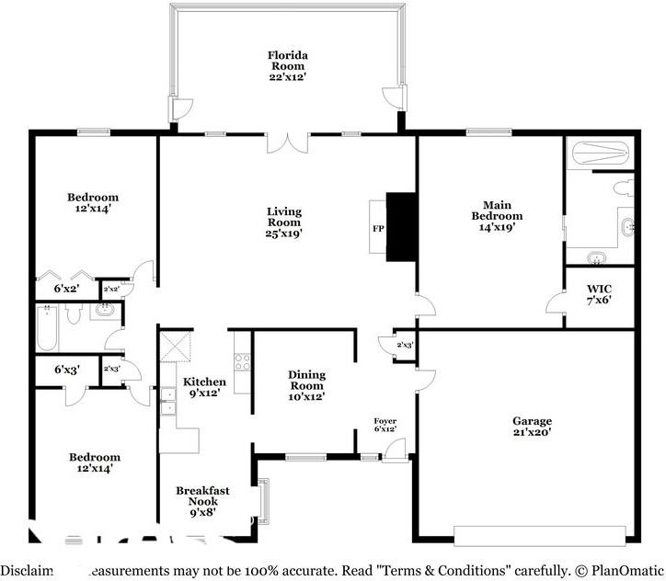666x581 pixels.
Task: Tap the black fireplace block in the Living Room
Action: tap(400, 226)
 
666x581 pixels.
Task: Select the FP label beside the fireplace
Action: tap(377, 227)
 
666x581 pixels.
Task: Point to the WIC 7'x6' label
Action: tap(599, 293)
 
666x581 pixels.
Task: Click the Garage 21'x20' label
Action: tap(532, 427)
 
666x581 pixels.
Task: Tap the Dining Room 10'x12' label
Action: tap(306, 385)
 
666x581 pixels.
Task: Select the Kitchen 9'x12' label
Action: tap(203, 388)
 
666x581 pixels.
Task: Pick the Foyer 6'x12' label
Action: tap(385, 425)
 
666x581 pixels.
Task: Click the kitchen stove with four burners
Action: tap(243, 362)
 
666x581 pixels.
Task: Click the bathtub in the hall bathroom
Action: tap(48, 327)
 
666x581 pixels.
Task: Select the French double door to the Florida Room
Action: tap(287, 143)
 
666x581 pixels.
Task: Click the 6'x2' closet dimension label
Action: tap(66, 289)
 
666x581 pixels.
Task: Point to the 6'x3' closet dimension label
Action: tap(66, 370)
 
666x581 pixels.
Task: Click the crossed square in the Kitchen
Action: tap(175, 349)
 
